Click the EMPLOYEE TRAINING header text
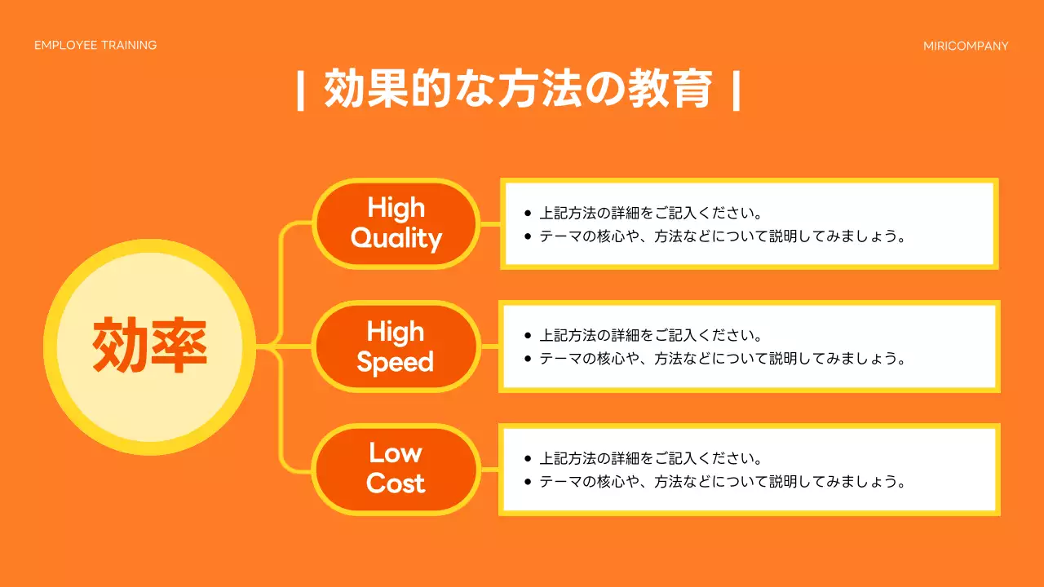95,46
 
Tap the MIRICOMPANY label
966,46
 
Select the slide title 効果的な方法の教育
519,90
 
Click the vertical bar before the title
301,90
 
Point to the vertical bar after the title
737,90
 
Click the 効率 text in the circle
149,346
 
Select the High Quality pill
396,223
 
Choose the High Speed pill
396,346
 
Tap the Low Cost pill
396,469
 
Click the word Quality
396,238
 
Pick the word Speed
396,362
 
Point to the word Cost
396,483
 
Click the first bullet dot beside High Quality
528,214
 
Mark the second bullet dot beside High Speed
528,359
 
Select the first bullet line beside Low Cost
650,458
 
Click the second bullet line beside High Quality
723,236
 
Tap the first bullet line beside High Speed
650,335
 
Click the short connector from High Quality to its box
489,223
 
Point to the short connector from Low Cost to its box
489,469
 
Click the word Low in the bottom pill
396,452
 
